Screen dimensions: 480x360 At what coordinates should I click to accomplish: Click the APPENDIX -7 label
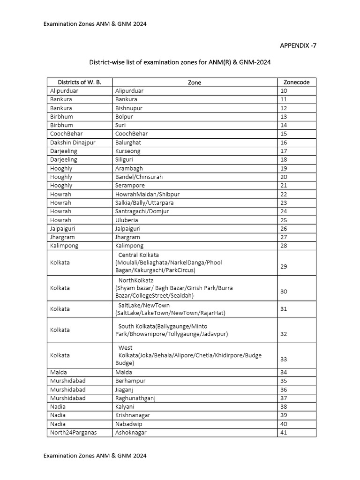295,45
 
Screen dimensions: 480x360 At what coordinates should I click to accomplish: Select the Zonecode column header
296,82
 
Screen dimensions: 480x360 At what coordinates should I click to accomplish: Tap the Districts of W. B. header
79,82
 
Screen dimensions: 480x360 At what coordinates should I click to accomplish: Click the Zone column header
194,82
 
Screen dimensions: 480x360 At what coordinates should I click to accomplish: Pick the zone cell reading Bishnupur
128,108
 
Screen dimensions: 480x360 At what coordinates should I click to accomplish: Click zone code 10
284,91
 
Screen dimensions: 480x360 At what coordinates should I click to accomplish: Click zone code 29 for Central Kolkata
284,266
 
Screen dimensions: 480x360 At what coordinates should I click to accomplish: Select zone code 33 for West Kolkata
284,360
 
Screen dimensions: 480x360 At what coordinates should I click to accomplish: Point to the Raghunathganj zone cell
136,398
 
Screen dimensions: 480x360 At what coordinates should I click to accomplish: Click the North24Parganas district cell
73,433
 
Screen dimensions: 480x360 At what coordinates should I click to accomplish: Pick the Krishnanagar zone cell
134,415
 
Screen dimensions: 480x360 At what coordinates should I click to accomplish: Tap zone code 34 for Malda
284,373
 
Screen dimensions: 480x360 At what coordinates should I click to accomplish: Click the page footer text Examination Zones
95,456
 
